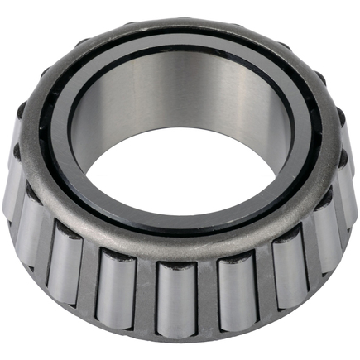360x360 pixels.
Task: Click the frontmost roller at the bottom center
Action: point(175,300)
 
